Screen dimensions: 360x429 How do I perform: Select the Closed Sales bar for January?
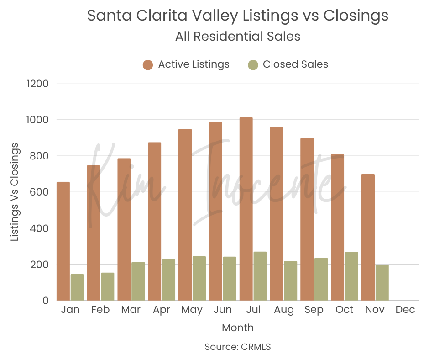pyautogui.click(x=77, y=287)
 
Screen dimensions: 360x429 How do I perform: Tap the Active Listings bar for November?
pyautogui.click(x=368, y=237)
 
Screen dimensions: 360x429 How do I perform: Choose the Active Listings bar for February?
pyautogui.click(x=94, y=233)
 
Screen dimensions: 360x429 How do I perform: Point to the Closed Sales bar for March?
pyautogui.click(x=138, y=281)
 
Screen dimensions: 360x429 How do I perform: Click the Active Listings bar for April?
pyautogui.click(x=154, y=221)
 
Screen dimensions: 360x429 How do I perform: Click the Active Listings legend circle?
pyautogui.click(x=147, y=64)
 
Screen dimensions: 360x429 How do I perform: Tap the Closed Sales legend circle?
pyautogui.click(x=253, y=64)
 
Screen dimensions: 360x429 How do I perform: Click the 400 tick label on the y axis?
pyautogui.click(x=40, y=228)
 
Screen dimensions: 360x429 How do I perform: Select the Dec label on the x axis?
pyautogui.click(x=405, y=310)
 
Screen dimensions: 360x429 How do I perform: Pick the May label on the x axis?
pyautogui.click(x=192, y=310)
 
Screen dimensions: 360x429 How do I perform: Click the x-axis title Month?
pyautogui.click(x=237, y=328)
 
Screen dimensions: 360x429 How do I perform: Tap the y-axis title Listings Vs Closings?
pyautogui.click(x=15, y=191)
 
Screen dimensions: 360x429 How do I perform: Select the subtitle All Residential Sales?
pyautogui.click(x=237, y=37)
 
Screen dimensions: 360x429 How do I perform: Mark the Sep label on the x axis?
pyautogui.click(x=314, y=310)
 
